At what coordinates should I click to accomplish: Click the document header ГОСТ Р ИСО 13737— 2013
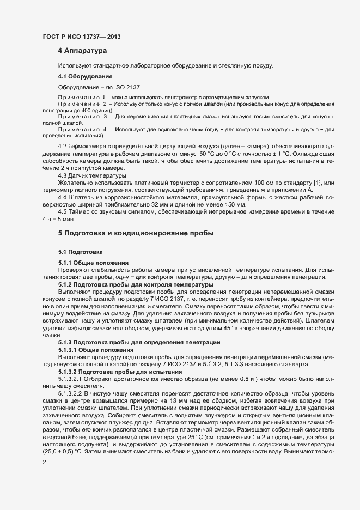pos(81,37)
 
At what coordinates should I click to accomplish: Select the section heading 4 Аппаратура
pos(82,51)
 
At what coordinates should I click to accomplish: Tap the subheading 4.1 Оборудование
pos(85,76)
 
